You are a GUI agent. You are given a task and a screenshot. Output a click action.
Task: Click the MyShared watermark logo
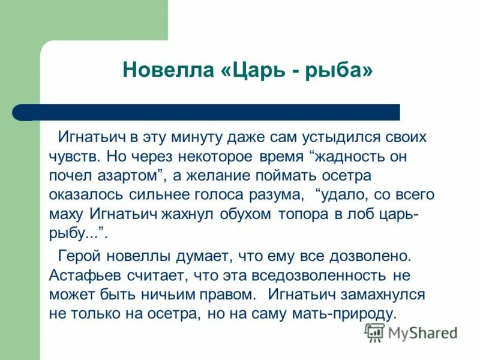tap(412, 332)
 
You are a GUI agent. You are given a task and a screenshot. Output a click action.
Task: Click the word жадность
tap(360, 156)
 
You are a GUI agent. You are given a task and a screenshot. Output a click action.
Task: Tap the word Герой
tap(80, 256)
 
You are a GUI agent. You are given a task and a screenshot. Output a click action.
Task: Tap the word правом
tap(222, 295)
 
